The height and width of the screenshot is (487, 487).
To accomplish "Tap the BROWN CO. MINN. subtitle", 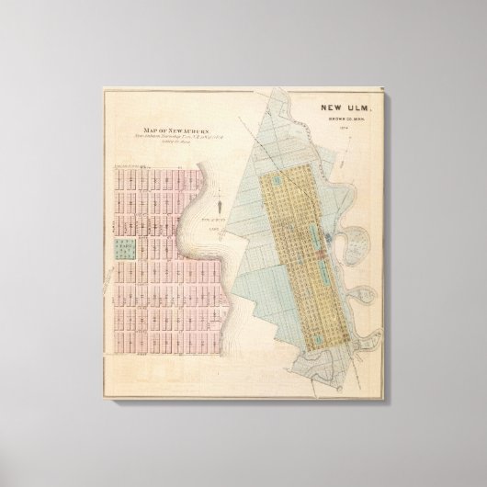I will tap(341, 119).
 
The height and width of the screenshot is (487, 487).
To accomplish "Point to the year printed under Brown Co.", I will tap(341, 127).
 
